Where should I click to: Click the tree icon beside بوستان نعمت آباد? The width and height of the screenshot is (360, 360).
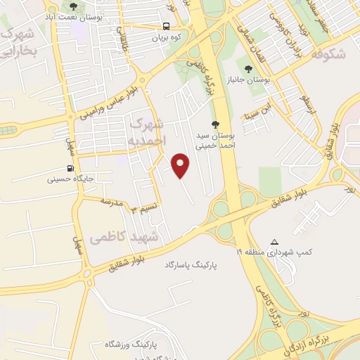(73, 6)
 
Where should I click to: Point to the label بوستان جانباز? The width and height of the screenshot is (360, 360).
(258, 82)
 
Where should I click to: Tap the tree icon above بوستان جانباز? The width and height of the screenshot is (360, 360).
(258, 70)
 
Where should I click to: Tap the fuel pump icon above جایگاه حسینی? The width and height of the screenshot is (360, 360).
(69, 168)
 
